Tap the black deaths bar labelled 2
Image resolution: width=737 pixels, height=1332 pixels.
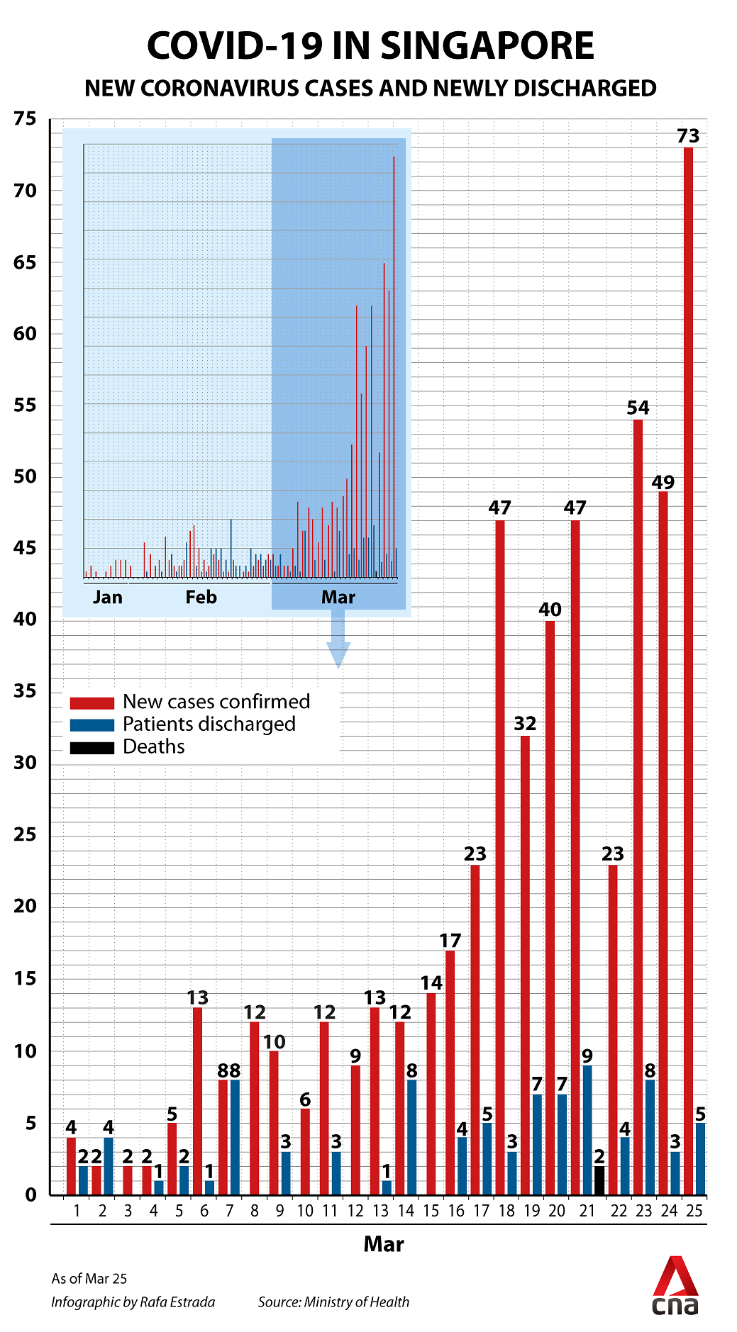point(599,1180)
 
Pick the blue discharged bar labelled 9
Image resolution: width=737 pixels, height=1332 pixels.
point(587,1130)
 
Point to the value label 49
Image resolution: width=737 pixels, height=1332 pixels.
point(663,483)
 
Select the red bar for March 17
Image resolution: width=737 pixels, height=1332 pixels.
point(475,1029)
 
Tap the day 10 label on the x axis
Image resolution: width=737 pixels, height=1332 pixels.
point(305,1211)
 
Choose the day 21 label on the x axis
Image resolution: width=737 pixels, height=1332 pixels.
point(587,1211)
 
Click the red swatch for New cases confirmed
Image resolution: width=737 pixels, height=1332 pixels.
point(92,703)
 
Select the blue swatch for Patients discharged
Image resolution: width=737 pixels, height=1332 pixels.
point(92,725)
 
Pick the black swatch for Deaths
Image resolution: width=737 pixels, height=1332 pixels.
point(92,748)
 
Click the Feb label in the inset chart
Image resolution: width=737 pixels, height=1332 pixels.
point(201,597)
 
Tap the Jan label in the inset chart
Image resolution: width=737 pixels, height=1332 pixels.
point(108,597)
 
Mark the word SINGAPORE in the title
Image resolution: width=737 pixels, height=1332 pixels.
point(487,47)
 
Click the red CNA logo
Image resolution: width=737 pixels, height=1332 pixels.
point(676,1287)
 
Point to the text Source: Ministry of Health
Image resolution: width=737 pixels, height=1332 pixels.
point(333,1302)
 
